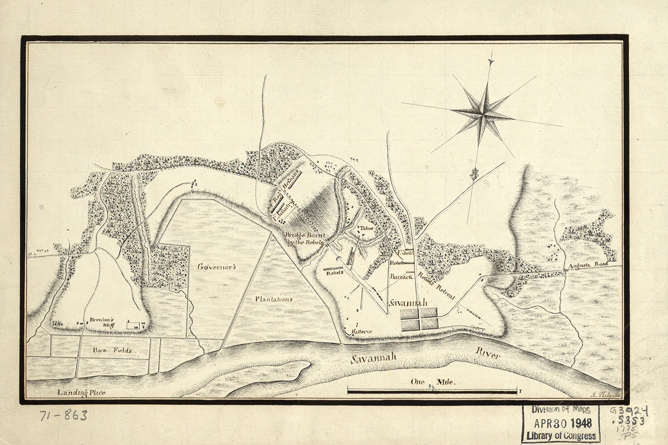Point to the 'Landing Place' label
tap(82, 393)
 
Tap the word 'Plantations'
tap(274, 299)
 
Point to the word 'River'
tap(487, 355)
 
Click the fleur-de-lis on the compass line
tap(474, 173)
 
